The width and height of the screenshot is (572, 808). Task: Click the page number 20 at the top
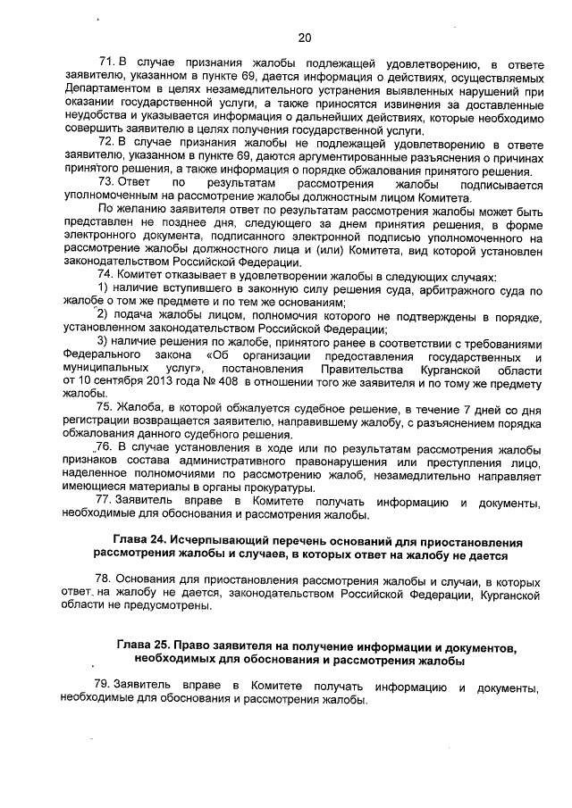[x=304, y=37]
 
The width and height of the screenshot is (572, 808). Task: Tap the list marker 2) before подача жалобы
[x=100, y=320]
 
